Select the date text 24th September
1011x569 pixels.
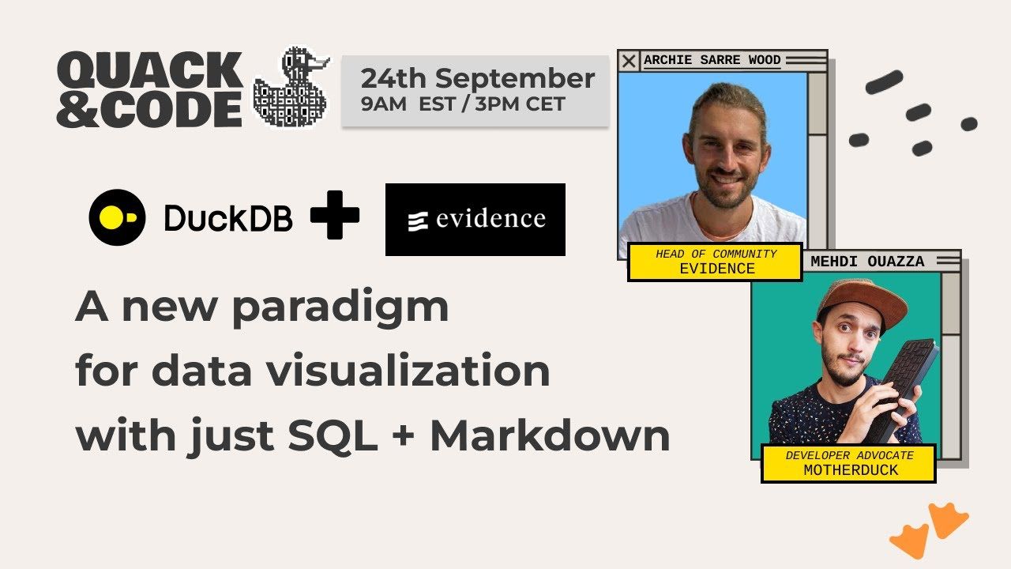[x=477, y=78]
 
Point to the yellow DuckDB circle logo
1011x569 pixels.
[x=117, y=217]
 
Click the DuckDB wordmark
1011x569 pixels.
[x=227, y=218]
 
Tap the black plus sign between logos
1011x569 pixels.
[x=335, y=215]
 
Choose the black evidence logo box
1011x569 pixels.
[x=475, y=219]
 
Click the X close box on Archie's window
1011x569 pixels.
[x=629, y=61]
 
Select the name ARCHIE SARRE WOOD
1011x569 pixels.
[x=712, y=60]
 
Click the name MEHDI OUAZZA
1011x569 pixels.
[x=867, y=262]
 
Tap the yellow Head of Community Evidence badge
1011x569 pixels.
[x=716, y=262]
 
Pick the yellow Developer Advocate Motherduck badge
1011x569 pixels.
[x=848, y=463]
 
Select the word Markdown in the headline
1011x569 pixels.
[x=550, y=435]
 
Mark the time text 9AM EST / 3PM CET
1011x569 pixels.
[x=463, y=104]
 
